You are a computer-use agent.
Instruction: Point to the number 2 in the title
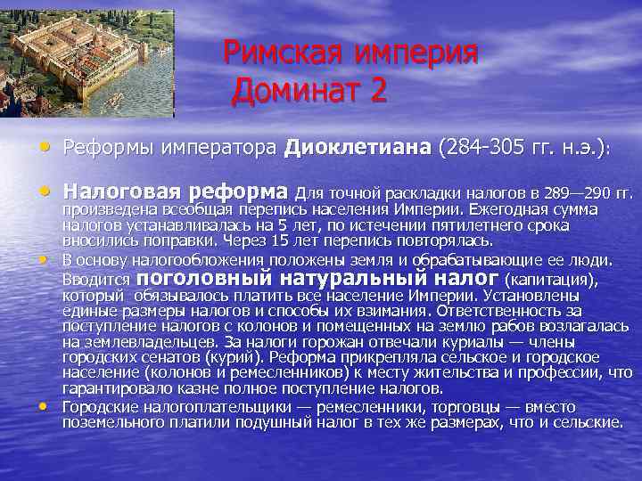pos(377,90)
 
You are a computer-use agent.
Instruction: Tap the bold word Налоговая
pos(124,192)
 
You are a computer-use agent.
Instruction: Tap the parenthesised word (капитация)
pos(550,280)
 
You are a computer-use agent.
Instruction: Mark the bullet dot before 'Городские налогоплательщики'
pos(45,406)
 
